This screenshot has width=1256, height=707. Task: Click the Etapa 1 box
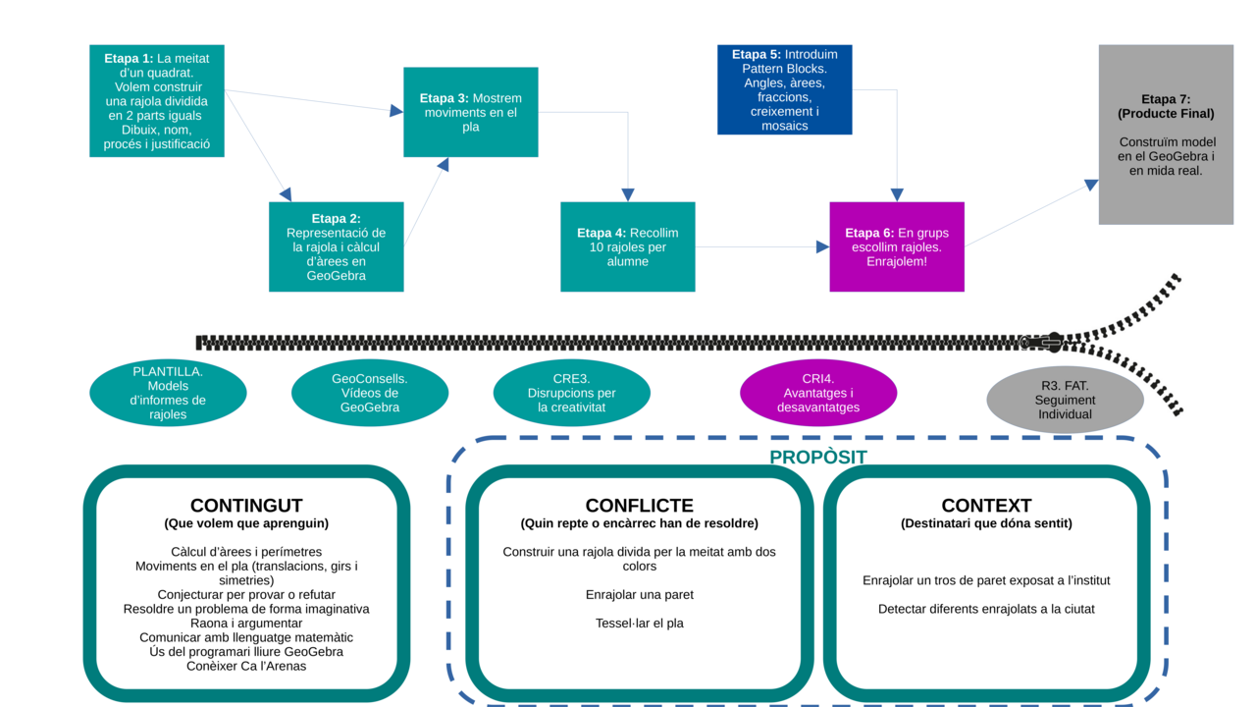pyautogui.click(x=157, y=100)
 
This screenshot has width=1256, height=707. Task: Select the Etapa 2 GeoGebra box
pyautogui.click(x=336, y=246)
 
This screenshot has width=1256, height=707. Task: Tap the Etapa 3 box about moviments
pyautogui.click(x=470, y=112)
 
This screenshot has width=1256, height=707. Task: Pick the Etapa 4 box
pyautogui.click(x=627, y=246)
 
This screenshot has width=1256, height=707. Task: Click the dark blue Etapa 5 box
pyautogui.click(x=784, y=89)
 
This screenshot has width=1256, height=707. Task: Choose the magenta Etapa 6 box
pyautogui.click(x=896, y=246)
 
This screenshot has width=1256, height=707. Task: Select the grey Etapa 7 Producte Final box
pyautogui.click(x=1166, y=135)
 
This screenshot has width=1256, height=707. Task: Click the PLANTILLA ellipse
pyautogui.click(x=168, y=393)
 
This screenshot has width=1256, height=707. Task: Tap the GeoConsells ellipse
pyautogui.click(x=370, y=393)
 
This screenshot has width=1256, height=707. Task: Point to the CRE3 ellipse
pyautogui.click(x=571, y=393)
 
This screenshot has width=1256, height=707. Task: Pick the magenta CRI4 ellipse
pyautogui.click(x=818, y=393)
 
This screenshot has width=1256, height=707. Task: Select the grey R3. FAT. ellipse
pyautogui.click(x=1065, y=400)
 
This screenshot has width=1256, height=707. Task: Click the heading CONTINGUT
pyautogui.click(x=246, y=506)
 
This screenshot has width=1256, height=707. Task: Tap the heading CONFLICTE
pyautogui.click(x=639, y=506)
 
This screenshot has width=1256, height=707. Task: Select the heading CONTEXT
pyautogui.click(x=986, y=506)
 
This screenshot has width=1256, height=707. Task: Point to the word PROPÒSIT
pyautogui.click(x=817, y=458)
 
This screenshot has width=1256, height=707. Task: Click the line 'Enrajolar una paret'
pyautogui.click(x=639, y=594)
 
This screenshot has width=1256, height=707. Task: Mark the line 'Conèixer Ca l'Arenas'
pyautogui.click(x=246, y=666)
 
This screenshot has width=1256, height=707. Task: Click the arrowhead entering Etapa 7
pyautogui.click(x=1090, y=185)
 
